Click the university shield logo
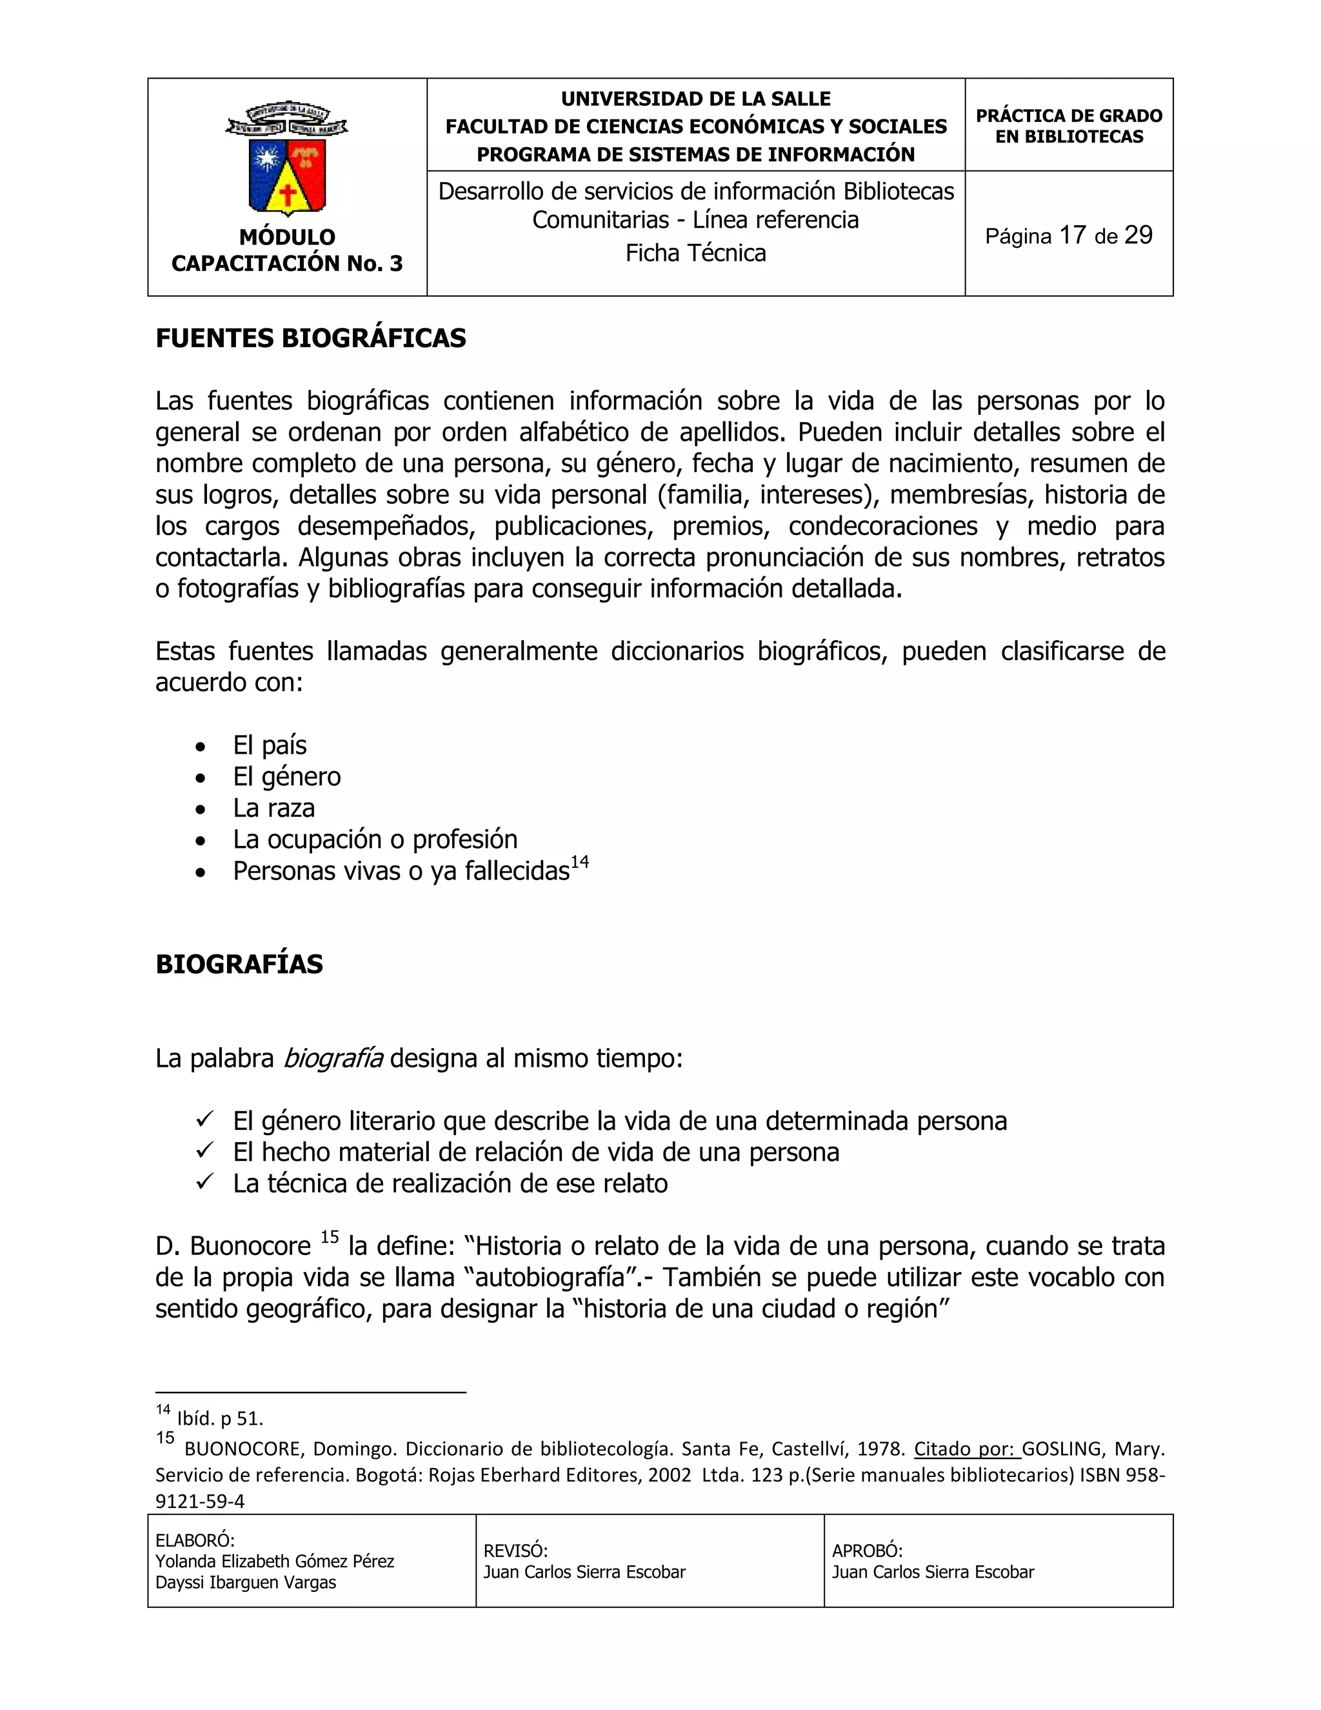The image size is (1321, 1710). click(286, 159)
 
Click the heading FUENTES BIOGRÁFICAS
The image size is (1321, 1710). click(311, 338)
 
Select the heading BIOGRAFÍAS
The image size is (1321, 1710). click(239, 964)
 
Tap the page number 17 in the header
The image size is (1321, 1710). click(1072, 235)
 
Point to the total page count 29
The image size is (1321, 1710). click(1138, 235)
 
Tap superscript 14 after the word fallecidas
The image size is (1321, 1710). click(579, 862)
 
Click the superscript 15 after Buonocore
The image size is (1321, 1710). click(330, 1237)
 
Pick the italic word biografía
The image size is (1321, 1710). click(333, 1058)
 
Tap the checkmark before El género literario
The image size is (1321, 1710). click(205, 1120)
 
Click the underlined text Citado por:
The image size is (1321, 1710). click(968, 1449)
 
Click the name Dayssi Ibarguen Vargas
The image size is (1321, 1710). click(246, 1582)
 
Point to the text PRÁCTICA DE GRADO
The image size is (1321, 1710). click(1068, 116)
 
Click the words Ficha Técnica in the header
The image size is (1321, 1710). click(695, 253)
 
